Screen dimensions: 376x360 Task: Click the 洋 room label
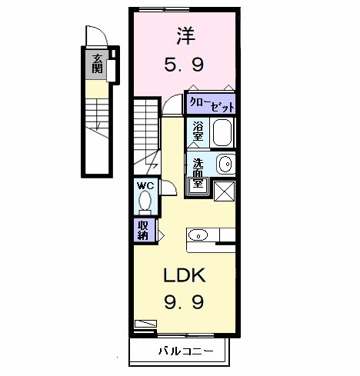pos(185,35)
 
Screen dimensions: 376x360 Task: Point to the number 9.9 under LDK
pos(183,303)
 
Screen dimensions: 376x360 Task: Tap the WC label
pos(145,186)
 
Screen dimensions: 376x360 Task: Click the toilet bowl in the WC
pos(145,201)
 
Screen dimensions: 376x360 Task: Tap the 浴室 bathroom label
pos(198,131)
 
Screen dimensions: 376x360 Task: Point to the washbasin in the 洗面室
pos(224,164)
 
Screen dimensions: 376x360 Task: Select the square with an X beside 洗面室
pos(223,190)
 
